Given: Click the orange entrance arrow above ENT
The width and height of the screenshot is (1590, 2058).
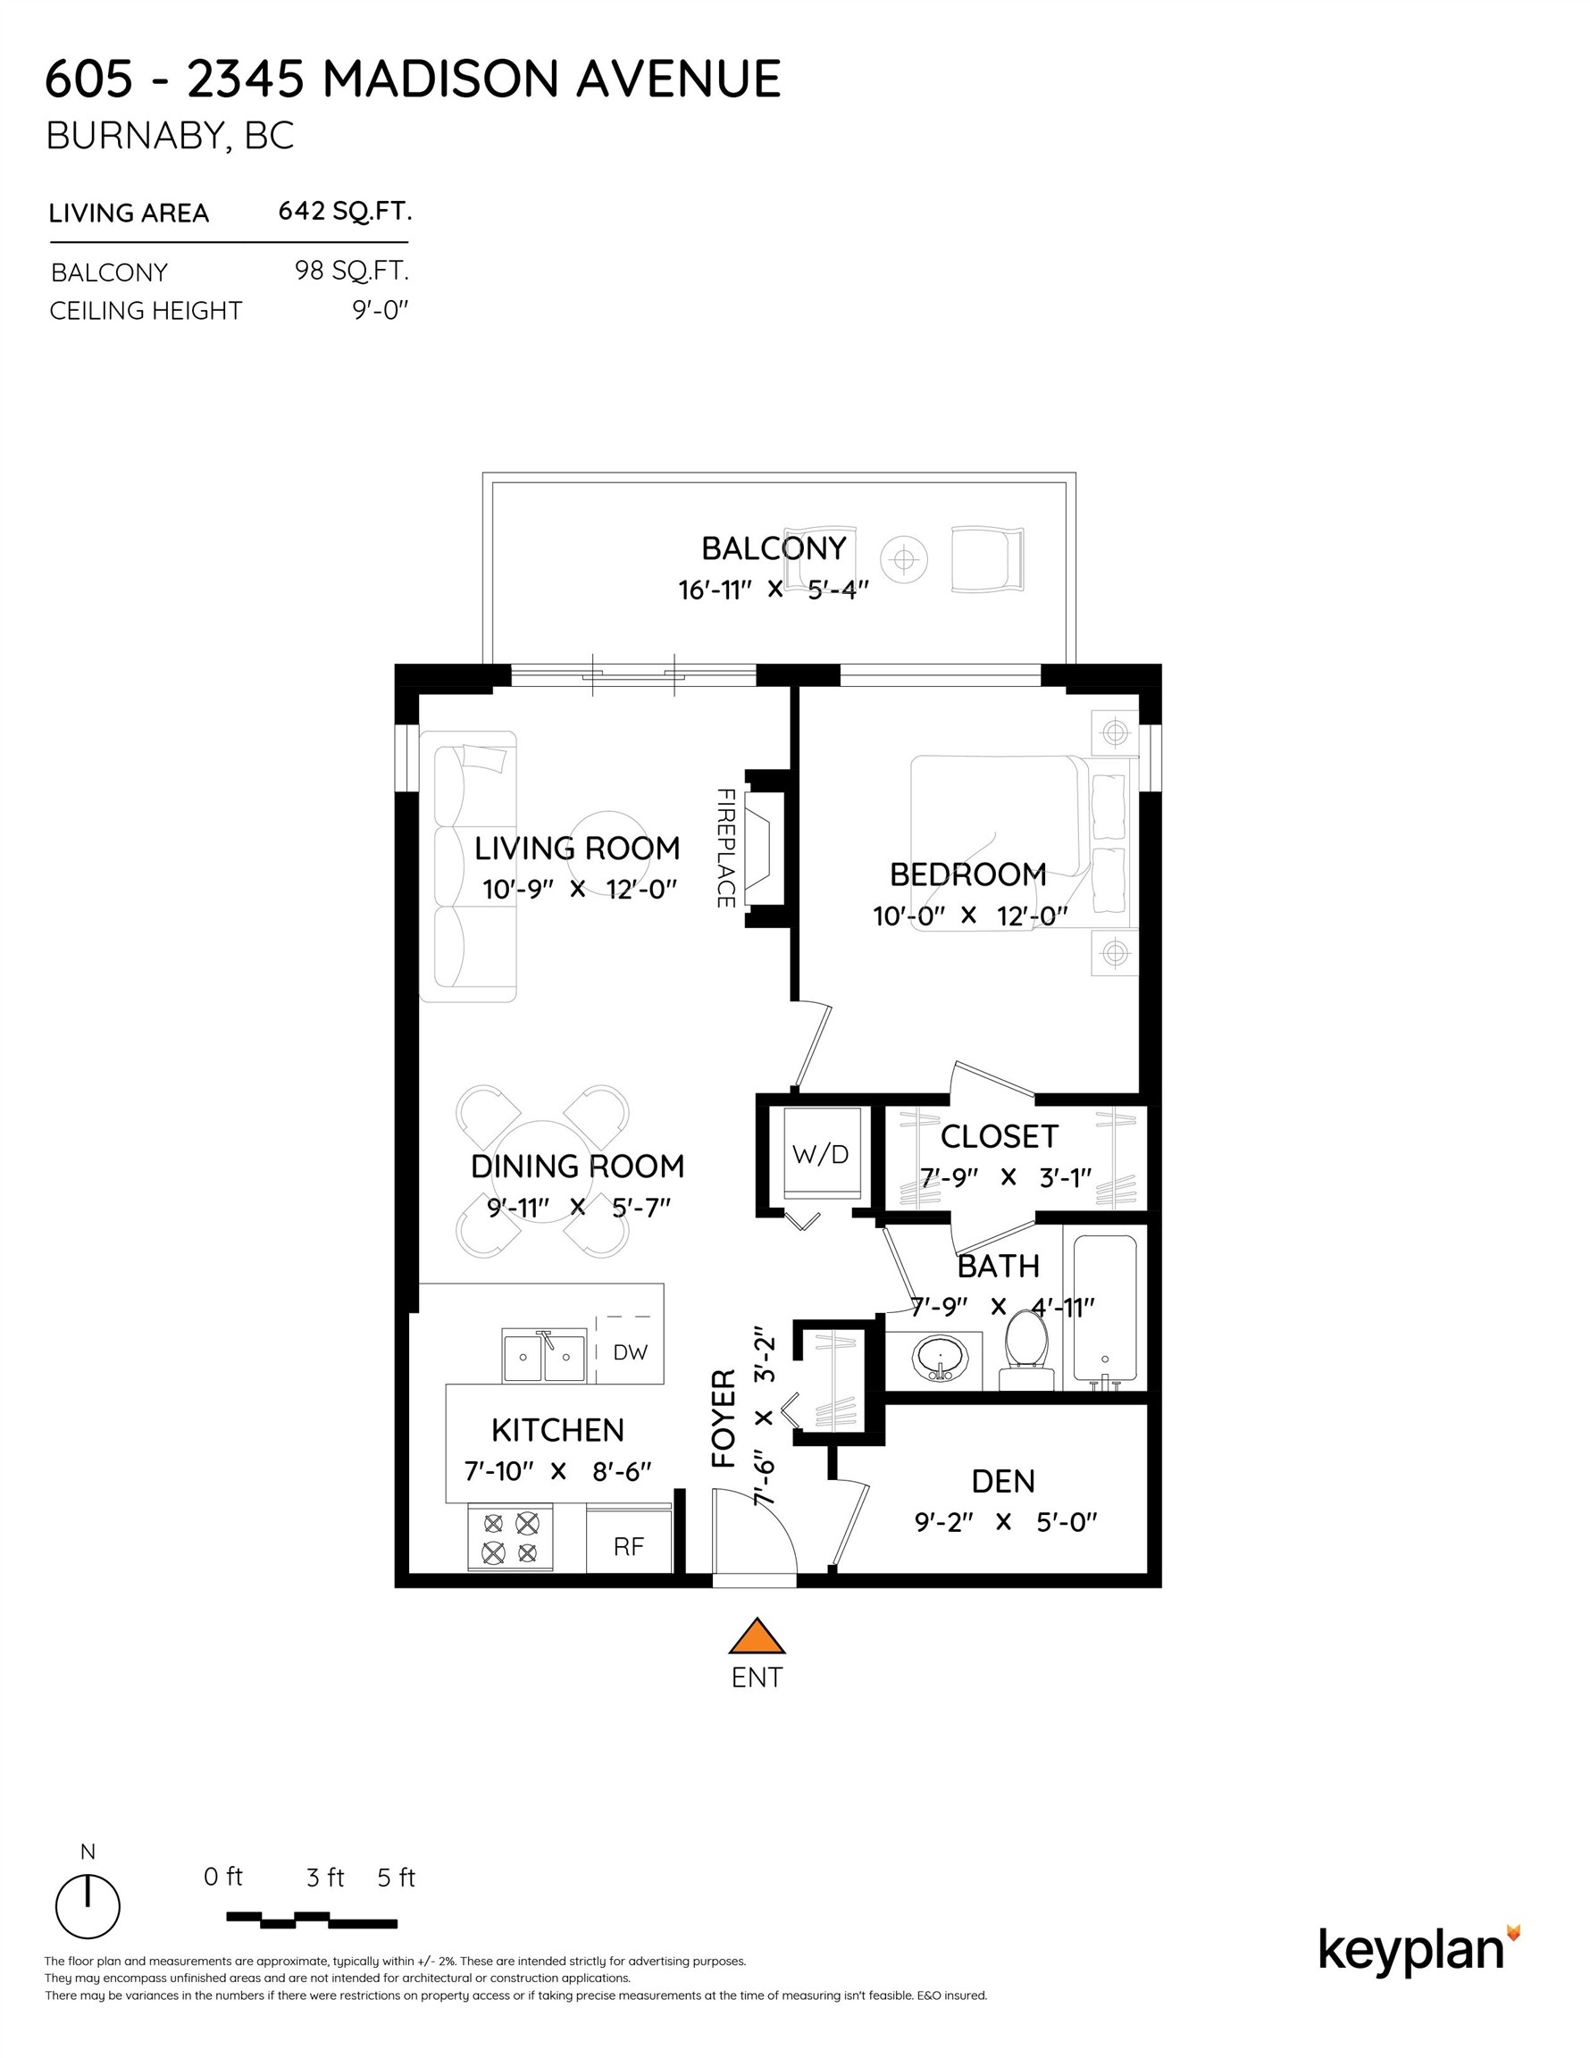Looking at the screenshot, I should [x=756, y=1636].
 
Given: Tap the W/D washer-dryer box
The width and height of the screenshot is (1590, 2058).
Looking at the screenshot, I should [x=820, y=1153].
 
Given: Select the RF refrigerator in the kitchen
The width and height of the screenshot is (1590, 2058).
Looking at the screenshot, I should [x=629, y=1546].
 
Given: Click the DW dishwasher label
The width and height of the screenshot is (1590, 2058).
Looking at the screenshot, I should [x=630, y=1352].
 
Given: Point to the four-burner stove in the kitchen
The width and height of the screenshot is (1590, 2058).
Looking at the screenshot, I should [x=510, y=1539].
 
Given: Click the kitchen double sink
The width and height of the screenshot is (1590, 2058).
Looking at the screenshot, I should [x=544, y=1357].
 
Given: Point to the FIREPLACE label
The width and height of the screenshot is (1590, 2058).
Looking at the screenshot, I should [x=724, y=848].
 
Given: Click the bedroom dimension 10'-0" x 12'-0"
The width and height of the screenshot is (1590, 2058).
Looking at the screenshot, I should [x=970, y=915].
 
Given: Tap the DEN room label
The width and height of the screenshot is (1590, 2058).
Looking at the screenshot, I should [x=1003, y=1481].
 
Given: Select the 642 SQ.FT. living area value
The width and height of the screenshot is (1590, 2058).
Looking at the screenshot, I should [x=345, y=211].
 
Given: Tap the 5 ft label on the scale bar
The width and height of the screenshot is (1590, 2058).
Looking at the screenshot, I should [x=396, y=1878].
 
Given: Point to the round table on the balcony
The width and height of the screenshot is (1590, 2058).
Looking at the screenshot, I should [x=904, y=560].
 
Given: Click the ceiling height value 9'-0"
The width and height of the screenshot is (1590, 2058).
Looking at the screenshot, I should [x=381, y=310].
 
